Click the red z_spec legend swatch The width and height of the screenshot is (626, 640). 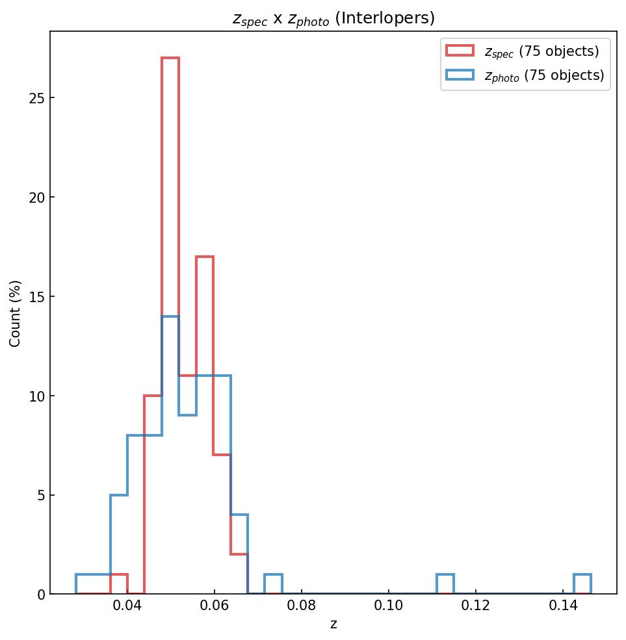[x=460, y=51]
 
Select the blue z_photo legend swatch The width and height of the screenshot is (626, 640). [x=460, y=75]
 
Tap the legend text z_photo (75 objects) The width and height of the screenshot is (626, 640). [x=544, y=75]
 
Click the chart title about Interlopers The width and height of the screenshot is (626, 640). [x=333, y=18]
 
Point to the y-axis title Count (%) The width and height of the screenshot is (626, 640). [x=16, y=313]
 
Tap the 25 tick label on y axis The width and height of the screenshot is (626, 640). [x=36, y=98]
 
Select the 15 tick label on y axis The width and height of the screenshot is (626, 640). [x=36, y=297]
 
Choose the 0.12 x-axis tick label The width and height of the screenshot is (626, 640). [x=476, y=609]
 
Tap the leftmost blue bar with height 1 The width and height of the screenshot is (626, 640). [x=85, y=584]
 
